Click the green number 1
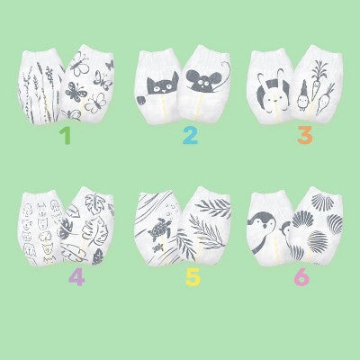(66, 136)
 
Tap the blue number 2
(190, 136)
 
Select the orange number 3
(305, 135)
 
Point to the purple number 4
(76, 277)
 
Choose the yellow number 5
(193, 277)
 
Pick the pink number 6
(301, 277)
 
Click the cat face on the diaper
(162, 85)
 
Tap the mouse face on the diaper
(203, 81)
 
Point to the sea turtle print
(160, 231)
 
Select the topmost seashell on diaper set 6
(322, 200)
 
